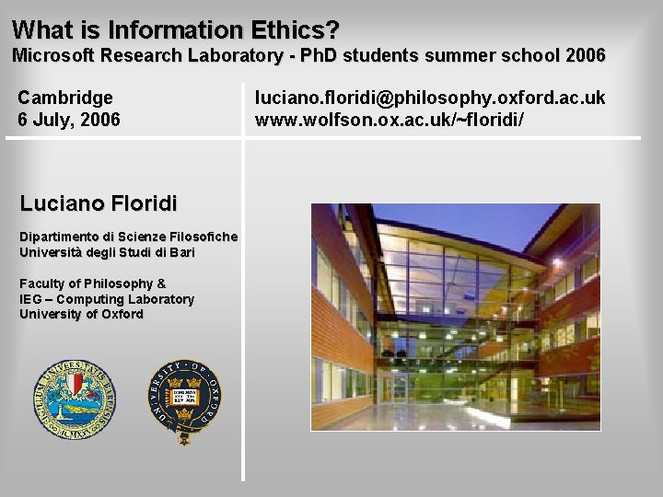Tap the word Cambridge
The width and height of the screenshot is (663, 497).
[x=65, y=97]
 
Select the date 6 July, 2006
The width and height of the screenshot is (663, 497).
[x=69, y=119]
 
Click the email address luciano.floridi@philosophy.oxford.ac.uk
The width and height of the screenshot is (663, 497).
[x=430, y=97]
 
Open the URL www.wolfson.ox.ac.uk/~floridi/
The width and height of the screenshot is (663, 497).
[x=390, y=119]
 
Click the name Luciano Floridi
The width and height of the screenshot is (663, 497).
[x=99, y=202]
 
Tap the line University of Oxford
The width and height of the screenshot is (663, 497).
[x=81, y=315]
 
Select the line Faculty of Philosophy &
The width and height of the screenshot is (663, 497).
[x=92, y=283]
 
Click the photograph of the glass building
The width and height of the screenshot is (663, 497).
[x=455, y=317]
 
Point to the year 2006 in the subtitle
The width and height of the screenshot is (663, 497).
[x=586, y=55]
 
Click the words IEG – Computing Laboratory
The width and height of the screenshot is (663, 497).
[x=107, y=299]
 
